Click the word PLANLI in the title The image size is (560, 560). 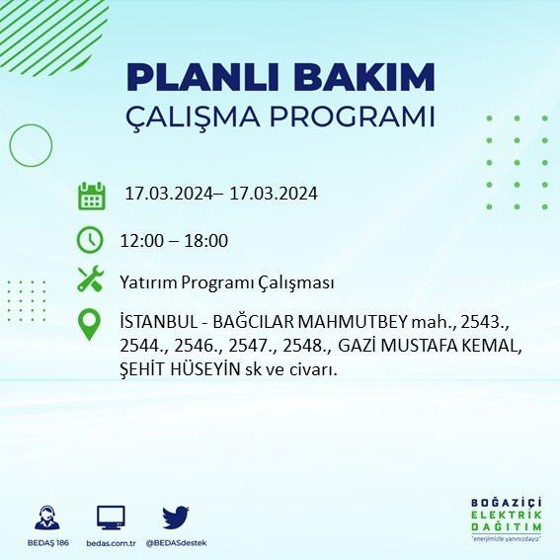202,77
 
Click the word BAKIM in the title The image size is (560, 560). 363,77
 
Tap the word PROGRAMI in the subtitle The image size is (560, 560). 353,116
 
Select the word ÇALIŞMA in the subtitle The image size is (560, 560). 193,118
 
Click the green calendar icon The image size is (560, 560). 92,196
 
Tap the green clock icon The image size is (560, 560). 90,240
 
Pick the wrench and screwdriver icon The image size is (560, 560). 90,279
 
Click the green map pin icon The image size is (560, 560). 89,324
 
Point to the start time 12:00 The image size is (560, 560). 141,240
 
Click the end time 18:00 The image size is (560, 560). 206,240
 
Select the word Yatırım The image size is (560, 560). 148,282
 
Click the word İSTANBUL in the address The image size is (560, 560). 160,322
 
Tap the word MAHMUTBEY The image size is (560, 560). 353,322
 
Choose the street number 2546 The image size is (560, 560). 199,346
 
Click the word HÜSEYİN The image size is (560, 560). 204,369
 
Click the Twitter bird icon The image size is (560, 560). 176,518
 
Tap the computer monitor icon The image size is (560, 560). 111,518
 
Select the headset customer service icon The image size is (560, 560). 47,518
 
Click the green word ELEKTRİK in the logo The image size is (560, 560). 506,515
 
